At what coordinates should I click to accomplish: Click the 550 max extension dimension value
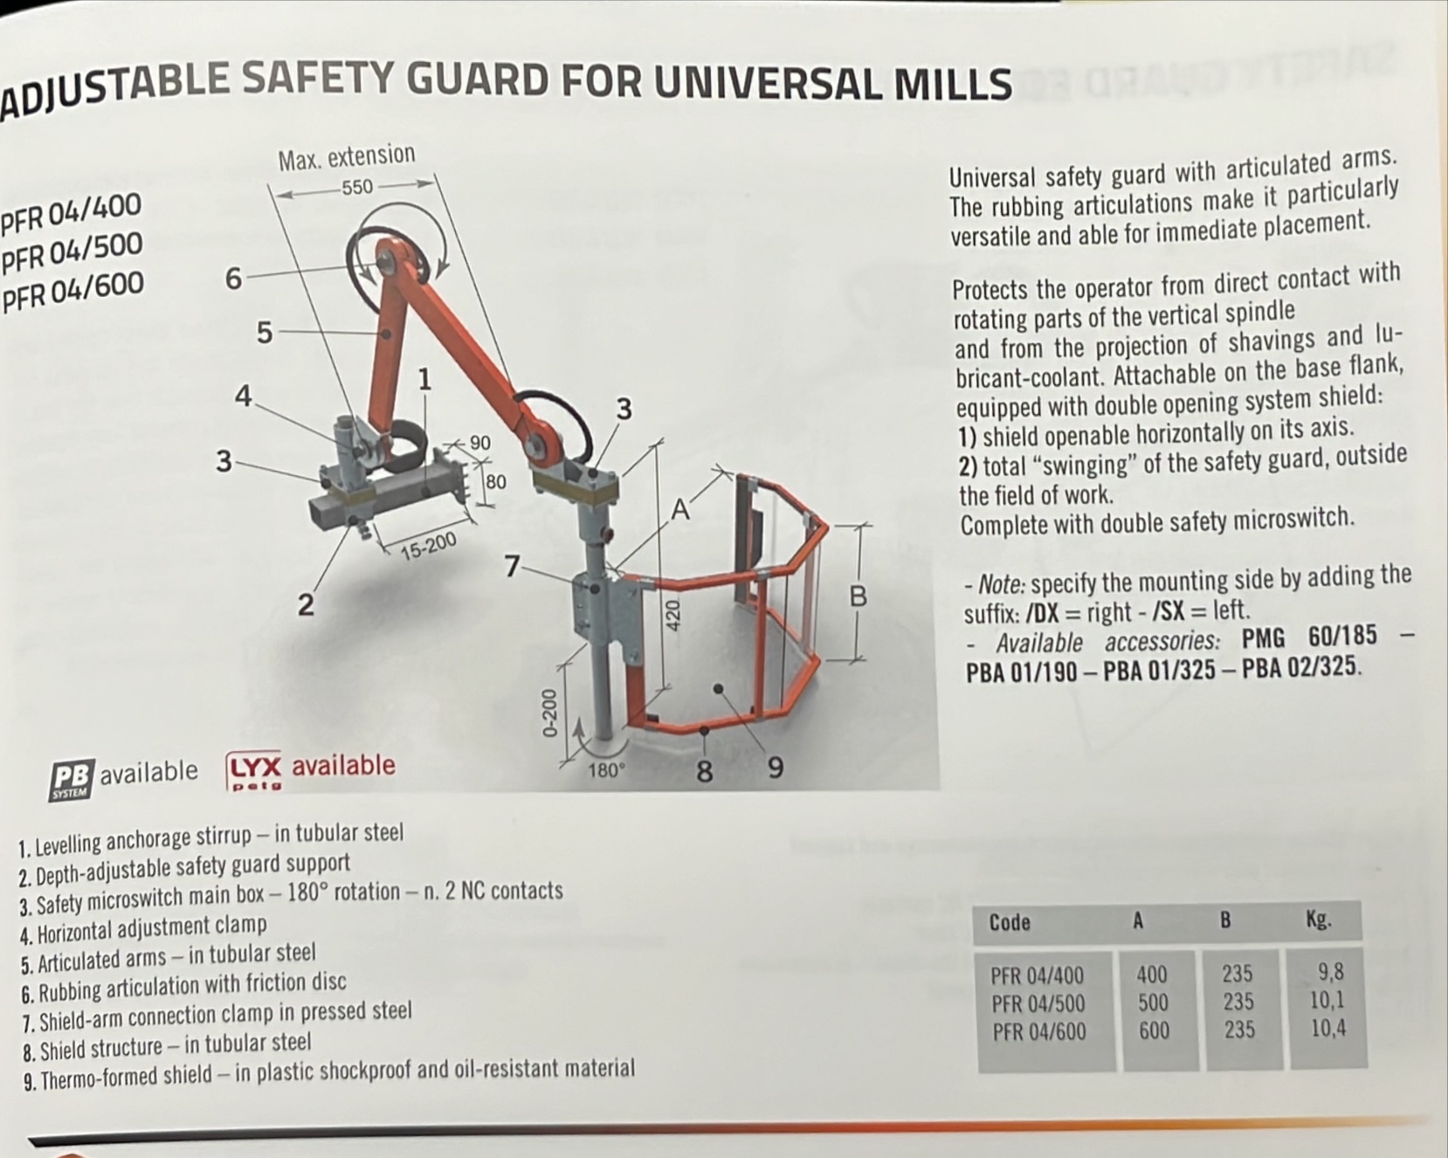click(x=357, y=187)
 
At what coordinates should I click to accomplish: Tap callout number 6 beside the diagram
click(x=233, y=279)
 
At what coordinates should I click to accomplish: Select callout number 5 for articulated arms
click(x=264, y=333)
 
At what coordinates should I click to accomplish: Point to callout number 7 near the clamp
click(x=514, y=567)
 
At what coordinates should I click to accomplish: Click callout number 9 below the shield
click(x=775, y=769)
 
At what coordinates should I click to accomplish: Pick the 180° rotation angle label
click(x=606, y=770)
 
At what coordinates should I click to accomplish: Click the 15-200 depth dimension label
click(x=428, y=546)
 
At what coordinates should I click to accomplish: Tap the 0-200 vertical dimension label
click(x=548, y=713)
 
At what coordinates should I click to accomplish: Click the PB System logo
click(x=72, y=779)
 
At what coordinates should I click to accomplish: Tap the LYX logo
click(x=254, y=771)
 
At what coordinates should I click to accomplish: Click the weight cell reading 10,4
click(x=1327, y=1029)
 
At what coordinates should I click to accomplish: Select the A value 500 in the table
click(x=1153, y=1003)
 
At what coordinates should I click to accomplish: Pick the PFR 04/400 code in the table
click(x=1037, y=975)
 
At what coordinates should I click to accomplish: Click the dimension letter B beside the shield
click(x=858, y=597)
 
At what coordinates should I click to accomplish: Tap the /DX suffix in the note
click(x=1040, y=613)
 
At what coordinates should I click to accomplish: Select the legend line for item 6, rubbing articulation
click(x=183, y=987)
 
